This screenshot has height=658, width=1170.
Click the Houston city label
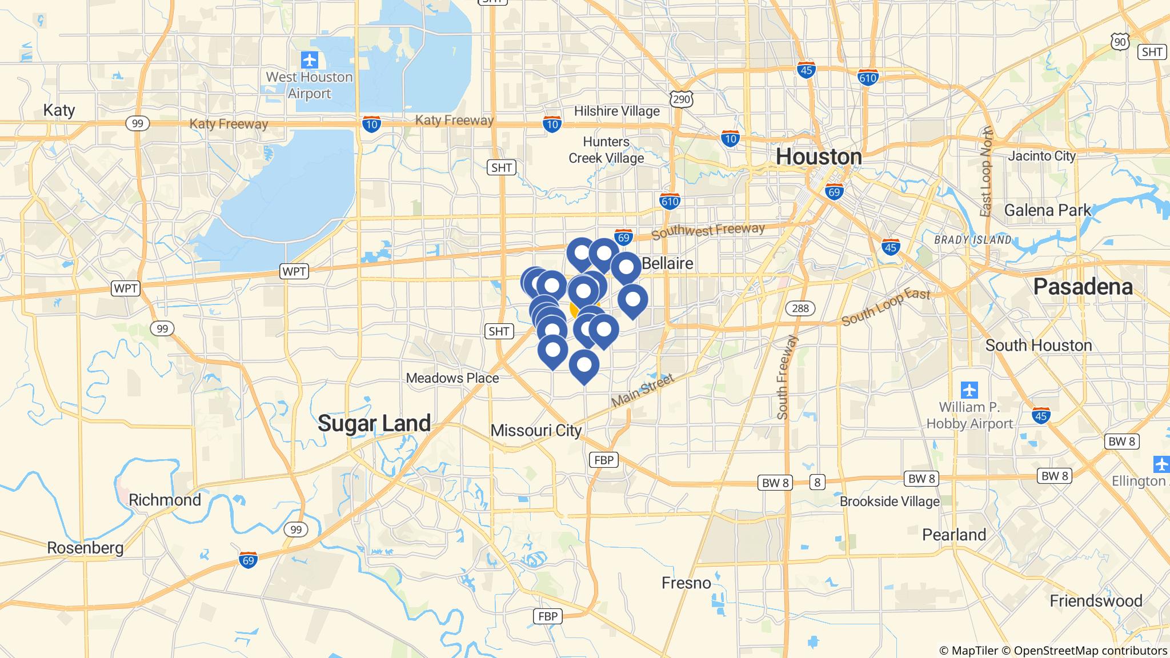818,157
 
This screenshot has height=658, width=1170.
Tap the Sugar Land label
374,423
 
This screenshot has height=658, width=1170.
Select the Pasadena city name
1083,287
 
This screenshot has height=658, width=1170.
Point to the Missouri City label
536,431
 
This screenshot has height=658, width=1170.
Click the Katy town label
59,110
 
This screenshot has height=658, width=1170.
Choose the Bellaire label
667,263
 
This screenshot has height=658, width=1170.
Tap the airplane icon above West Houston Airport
309,59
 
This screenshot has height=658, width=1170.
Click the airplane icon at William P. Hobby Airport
969,391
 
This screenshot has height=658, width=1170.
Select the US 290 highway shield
682,99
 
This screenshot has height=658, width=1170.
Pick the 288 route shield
800,309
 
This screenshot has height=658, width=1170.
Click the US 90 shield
1120,41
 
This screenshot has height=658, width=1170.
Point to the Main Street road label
643,391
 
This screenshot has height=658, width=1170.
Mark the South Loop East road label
885,307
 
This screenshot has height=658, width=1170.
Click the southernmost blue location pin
584,365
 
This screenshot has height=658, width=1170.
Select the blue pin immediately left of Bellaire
626,267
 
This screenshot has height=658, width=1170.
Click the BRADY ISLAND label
972,240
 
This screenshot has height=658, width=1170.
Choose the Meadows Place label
452,378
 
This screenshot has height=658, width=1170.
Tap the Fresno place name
686,583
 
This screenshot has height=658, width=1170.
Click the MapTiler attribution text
968,651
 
